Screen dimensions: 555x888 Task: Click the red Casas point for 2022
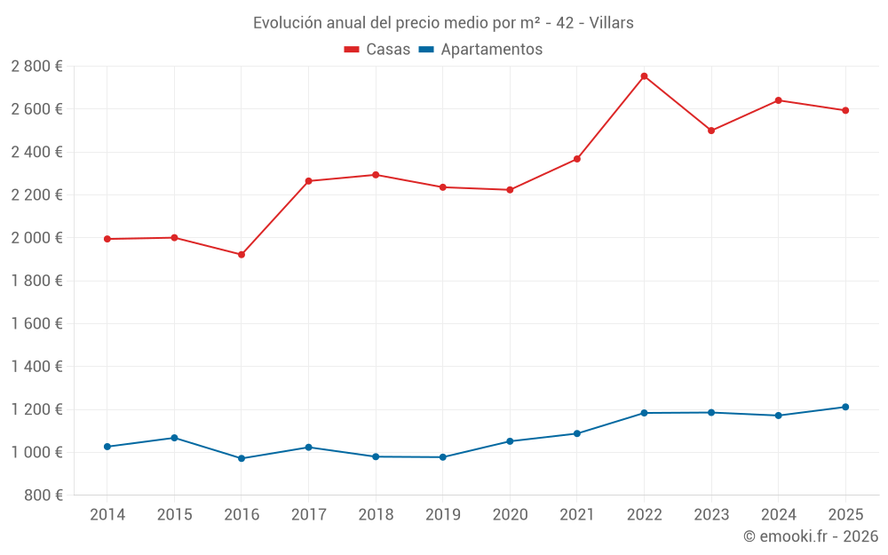coord(644,76)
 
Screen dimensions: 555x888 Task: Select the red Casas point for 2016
coord(242,255)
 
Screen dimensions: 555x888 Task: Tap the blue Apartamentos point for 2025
coord(845,407)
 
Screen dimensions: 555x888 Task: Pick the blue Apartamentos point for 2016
coord(242,458)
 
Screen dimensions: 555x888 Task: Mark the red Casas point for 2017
coord(308,181)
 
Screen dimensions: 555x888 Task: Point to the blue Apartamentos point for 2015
coord(174,438)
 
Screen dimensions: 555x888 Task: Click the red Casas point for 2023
coord(711,131)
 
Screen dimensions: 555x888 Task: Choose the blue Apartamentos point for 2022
coord(644,413)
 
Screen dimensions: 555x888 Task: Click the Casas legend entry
coord(377,50)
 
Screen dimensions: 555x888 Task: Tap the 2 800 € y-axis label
coord(37,67)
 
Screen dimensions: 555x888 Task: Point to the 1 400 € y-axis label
coord(37,367)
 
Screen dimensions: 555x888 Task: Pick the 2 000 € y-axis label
coord(37,238)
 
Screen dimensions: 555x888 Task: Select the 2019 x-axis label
coord(442,515)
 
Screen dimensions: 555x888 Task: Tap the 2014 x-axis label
coord(107,515)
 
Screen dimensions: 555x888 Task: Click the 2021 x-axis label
coord(576,515)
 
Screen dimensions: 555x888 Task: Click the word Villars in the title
coord(612,23)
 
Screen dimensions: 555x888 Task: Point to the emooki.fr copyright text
coord(811,536)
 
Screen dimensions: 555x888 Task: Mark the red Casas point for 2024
coord(778,100)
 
